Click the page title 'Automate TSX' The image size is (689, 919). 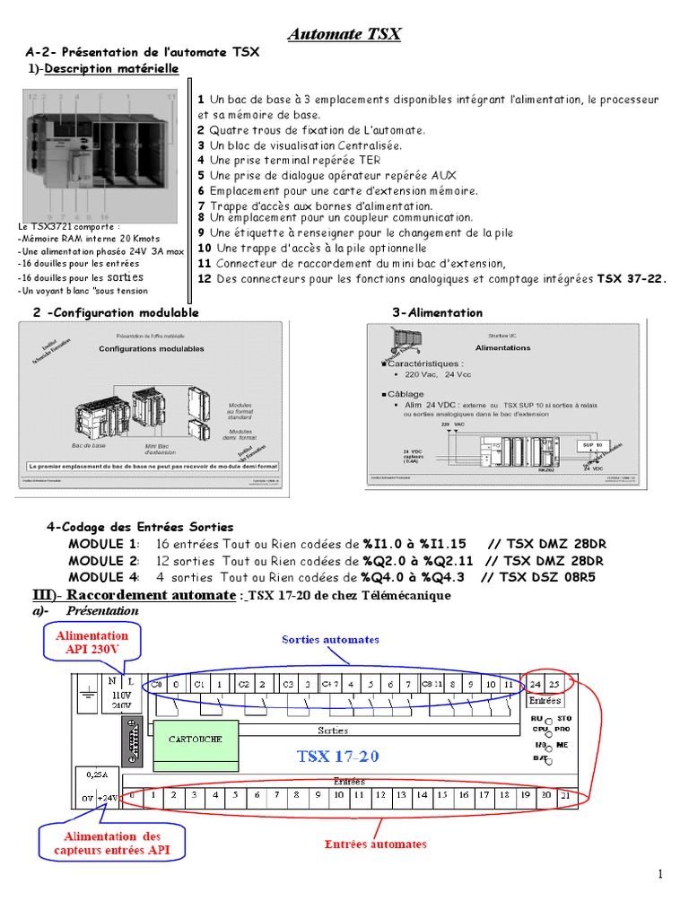[344, 35]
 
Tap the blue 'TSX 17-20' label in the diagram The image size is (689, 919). [338, 757]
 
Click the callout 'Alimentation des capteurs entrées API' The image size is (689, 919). [112, 843]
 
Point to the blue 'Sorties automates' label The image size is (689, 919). [330, 640]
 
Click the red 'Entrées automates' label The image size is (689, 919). [375, 844]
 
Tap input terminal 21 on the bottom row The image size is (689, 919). [565, 795]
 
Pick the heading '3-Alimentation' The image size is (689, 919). [437, 313]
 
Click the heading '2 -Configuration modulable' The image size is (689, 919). [116, 312]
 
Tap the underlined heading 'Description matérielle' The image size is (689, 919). [111, 69]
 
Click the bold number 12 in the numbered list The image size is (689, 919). [204, 278]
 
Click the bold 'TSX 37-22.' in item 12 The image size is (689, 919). [632, 278]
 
